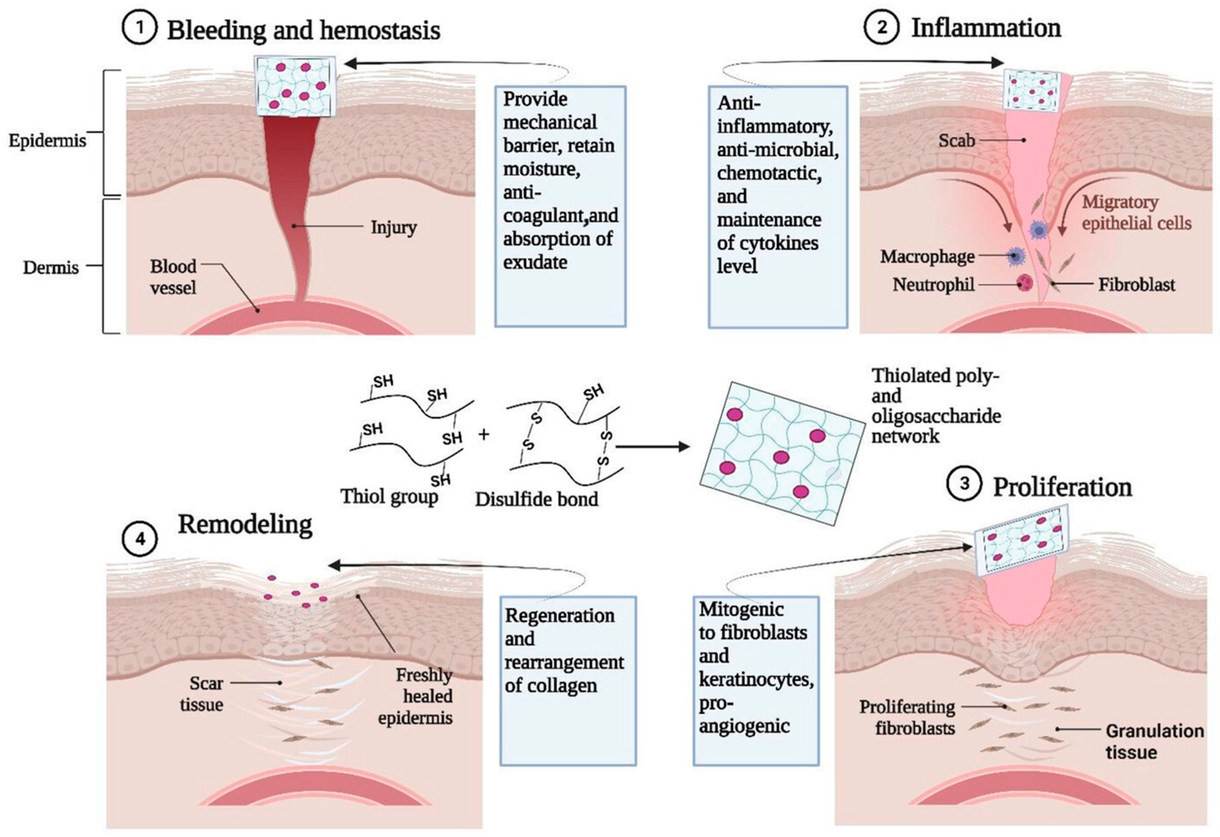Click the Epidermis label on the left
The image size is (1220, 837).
tap(47, 141)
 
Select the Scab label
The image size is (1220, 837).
tap(957, 140)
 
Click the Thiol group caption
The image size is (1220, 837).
tap(389, 496)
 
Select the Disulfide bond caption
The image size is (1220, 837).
tap(536, 499)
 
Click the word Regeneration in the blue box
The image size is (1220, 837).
tap(560, 615)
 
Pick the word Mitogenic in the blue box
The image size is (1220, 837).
tap(741, 609)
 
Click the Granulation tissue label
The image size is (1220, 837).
tap(1154, 741)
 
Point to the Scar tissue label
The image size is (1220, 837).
tap(202, 694)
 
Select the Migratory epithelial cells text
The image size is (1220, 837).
tap(1136, 213)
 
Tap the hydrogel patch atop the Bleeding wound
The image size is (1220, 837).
tap(294, 85)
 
